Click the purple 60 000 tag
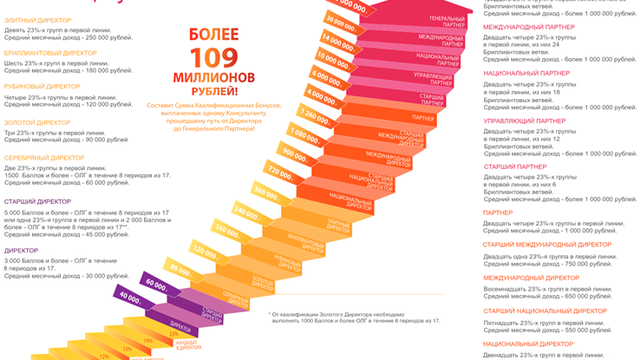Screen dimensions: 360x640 (x=156, y=284)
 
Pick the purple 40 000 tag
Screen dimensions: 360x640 (x=130, y=297)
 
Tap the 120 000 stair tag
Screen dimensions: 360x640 (x=205, y=252)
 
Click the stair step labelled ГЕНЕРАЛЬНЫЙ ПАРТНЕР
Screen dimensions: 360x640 (x=447, y=22)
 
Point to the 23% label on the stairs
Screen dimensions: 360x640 (x=173, y=332)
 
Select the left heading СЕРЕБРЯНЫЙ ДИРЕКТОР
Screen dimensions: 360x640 (x=44, y=158)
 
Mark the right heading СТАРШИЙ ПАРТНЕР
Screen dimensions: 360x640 (x=515, y=166)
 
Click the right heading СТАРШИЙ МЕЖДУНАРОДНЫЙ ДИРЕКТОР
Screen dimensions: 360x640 (x=546, y=245)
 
